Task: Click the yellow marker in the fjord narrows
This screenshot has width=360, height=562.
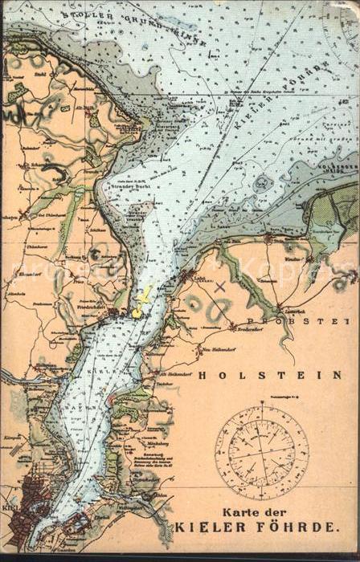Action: click(141, 302)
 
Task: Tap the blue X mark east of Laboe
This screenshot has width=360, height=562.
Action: click(220, 285)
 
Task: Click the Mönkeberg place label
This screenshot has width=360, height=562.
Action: click(147, 442)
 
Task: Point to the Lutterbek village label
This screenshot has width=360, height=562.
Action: click(288, 310)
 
